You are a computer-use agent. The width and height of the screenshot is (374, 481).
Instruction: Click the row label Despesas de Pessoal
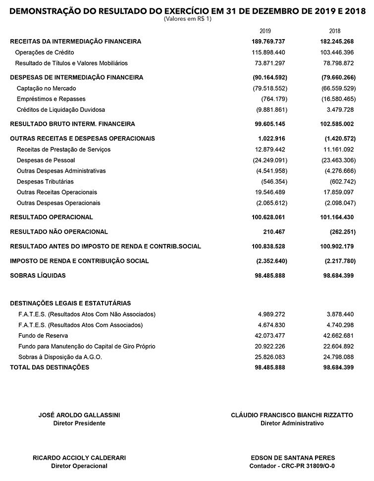(x=46, y=160)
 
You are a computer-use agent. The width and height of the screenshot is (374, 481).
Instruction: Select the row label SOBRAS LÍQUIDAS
(x=38, y=276)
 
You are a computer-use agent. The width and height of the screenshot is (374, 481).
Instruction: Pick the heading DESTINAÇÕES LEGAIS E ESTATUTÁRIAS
(x=70, y=303)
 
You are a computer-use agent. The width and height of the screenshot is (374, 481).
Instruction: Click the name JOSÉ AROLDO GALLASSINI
(x=79, y=416)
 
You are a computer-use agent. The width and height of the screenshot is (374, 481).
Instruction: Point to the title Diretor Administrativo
(x=292, y=424)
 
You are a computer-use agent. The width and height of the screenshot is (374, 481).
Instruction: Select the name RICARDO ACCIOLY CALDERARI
(x=79, y=458)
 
